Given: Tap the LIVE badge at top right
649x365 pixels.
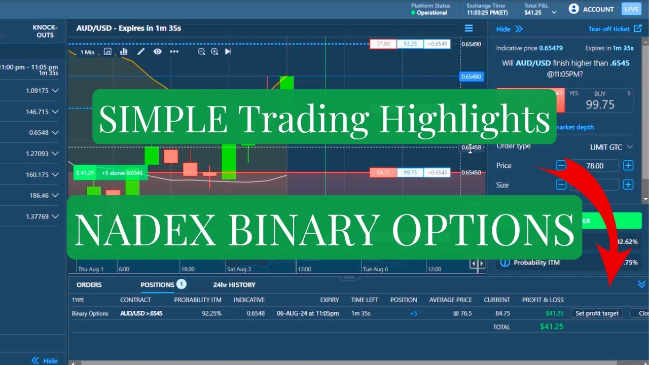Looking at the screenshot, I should click(631, 9).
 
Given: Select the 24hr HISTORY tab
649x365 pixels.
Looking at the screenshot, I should click(234, 285).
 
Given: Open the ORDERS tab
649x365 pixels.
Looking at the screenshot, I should click(89, 285).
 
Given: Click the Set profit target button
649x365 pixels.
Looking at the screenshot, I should click(597, 313).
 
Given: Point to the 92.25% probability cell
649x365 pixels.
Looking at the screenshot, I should click(211, 313).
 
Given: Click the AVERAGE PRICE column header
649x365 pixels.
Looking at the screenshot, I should click(450, 300).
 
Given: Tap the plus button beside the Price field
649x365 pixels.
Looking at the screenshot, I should click(628, 165).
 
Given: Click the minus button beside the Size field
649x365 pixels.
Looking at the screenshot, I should click(561, 185).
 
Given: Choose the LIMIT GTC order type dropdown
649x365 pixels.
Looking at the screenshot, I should click(611, 147).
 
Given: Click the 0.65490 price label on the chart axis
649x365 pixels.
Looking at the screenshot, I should click(471, 44).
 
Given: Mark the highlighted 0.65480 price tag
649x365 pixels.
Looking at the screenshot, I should click(472, 77).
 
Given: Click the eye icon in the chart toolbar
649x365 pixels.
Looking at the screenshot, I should click(158, 52).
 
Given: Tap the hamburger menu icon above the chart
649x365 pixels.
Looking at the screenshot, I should click(468, 28).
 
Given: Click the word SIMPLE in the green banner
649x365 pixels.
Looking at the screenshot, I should click(163, 118).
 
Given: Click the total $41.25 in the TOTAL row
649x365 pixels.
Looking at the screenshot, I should click(552, 326).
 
